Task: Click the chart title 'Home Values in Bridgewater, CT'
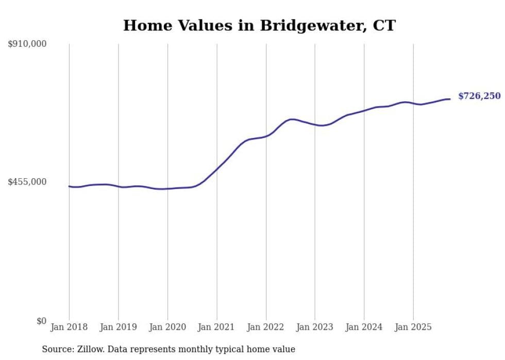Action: tap(259, 25)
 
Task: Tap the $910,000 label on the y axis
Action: tap(27, 44)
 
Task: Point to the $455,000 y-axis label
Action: tap(27, 182)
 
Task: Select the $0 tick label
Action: tap(41, 321)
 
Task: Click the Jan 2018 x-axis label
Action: tap(69, 327)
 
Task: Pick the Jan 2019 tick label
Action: tap(119, 327)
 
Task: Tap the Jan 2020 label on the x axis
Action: tap(167, 327)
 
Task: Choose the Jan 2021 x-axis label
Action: tap(216, 327)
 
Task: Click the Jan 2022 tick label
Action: tap(266, 327)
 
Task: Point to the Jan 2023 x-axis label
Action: tap(315, 327)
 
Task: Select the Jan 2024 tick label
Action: tap(364, 327)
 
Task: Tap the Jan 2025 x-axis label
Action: tap(413, 327)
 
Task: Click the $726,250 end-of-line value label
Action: tap(479, 96)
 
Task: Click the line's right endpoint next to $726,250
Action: tap(450, 99)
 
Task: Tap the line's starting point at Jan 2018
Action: tap(69, 186)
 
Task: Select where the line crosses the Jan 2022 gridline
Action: tap(266, 136)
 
